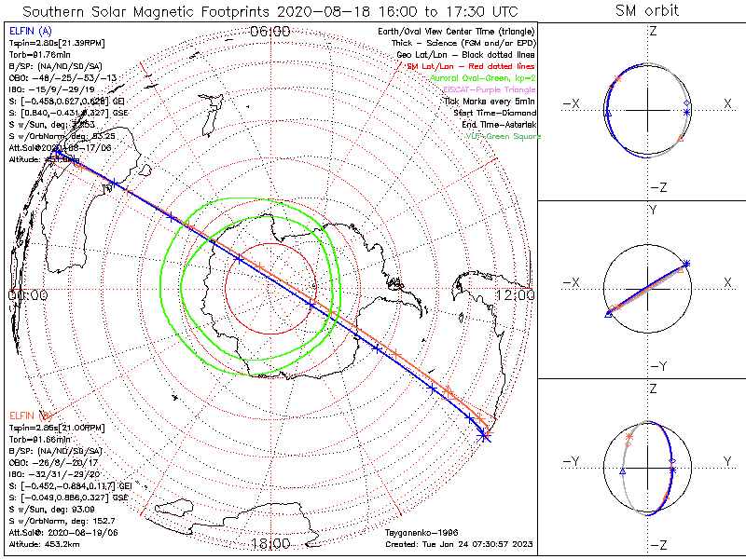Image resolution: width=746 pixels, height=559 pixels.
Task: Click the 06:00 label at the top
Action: [270, 31]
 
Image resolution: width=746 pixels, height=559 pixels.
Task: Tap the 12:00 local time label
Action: [515, 295]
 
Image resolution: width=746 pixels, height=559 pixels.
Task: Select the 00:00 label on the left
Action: [27, 295]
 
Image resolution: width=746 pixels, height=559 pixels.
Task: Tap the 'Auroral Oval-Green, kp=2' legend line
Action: [483, 78]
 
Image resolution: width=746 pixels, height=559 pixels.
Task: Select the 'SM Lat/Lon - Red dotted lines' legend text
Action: [471, 66]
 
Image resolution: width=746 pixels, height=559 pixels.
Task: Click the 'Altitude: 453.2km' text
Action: [44, 542]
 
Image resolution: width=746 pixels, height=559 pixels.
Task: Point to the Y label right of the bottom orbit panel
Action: [725, 461]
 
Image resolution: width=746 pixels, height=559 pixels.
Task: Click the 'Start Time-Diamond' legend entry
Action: [494, 113]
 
